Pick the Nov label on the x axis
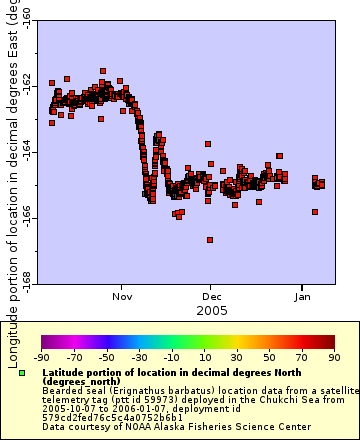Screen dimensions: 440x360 122,297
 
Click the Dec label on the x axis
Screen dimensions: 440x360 212,297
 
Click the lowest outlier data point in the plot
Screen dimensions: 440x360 210,240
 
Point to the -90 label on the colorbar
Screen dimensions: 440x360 41,357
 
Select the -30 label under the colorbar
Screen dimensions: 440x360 138,357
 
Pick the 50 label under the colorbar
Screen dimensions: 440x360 268,357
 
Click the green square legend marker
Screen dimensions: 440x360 22,373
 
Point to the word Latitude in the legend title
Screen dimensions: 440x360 62,372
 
